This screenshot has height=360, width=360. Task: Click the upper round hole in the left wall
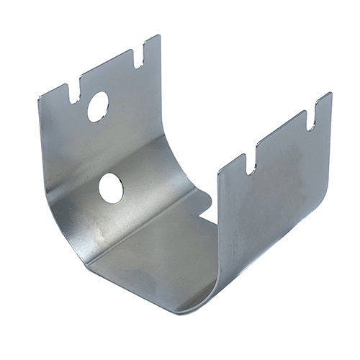coord(98,106)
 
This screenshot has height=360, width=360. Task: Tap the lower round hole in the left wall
coord(110,189)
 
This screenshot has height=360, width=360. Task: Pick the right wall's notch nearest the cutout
coord(250,163)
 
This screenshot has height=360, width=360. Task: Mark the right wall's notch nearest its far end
coord(311,120)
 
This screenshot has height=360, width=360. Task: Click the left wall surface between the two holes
coord(104,148)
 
